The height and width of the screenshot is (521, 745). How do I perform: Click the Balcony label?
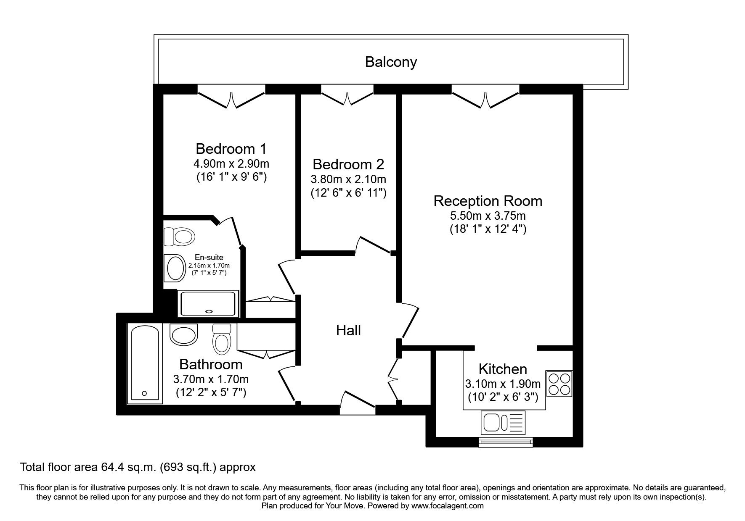391,62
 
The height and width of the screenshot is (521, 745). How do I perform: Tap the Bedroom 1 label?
231,149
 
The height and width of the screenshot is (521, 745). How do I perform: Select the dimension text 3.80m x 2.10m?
348,179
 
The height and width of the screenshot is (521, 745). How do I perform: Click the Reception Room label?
488,201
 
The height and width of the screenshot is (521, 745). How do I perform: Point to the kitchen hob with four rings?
559,383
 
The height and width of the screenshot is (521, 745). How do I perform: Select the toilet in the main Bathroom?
221,339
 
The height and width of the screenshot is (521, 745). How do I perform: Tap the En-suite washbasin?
175,268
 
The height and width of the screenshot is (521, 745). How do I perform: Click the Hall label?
348,331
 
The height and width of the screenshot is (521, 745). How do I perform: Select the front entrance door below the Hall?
357,403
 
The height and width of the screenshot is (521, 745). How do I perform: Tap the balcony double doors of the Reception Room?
486,97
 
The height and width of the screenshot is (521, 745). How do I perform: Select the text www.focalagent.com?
447,506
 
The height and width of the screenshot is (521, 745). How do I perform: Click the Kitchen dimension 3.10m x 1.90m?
503,384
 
